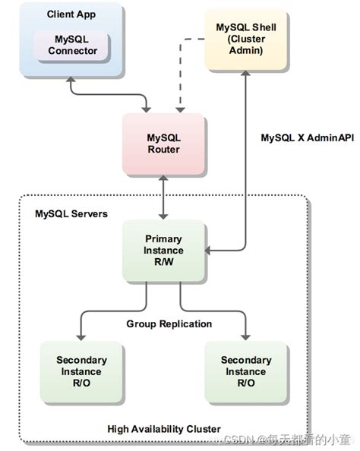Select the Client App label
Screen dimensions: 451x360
click(72, 14)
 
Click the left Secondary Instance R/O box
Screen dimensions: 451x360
click(81, 372)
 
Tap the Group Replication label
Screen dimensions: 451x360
click(169, 324)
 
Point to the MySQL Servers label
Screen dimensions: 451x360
click(71, 214)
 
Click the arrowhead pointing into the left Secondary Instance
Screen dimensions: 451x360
click(81, 336)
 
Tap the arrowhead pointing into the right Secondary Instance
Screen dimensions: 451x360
click(245, 336)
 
